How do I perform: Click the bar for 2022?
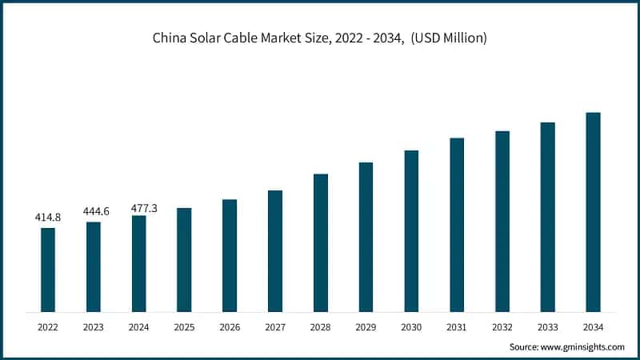48,270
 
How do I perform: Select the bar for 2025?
184,259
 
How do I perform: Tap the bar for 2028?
320,242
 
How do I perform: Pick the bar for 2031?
457,225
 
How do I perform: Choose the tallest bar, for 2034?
593,212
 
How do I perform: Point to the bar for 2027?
275,250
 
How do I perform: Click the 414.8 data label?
48,217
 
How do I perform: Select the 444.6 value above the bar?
94,211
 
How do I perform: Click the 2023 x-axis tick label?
94,326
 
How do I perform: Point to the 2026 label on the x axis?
230,326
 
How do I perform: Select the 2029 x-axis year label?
366,326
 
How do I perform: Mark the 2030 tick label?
411,326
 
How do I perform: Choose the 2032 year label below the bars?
502,326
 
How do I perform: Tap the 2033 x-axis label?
547,326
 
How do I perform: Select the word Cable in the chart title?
242,38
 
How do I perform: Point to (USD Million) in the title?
448,38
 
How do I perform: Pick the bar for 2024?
139,263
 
